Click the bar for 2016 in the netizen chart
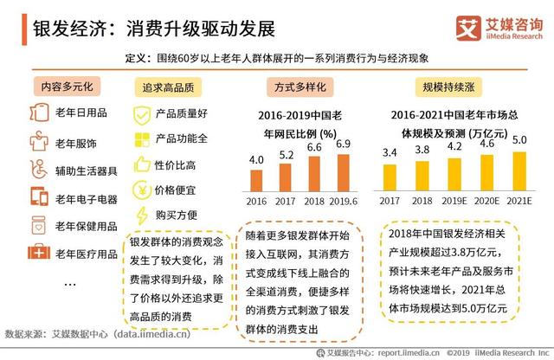(x=257, y=180)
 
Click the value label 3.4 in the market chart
(x=390, y=153)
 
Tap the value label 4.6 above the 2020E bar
(x=486, y=144)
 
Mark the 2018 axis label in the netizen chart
(x=314, y=201)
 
